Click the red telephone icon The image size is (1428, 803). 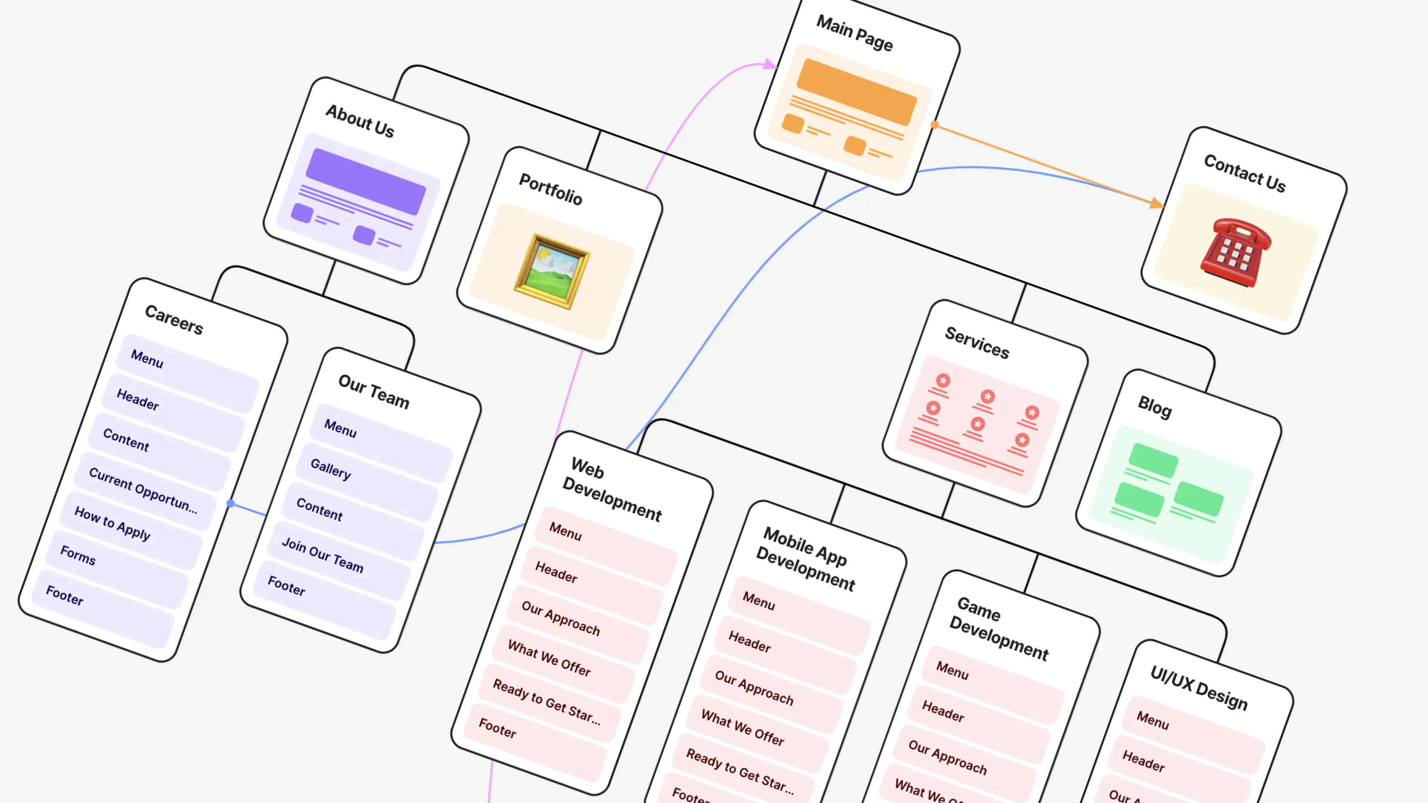[x=1235, y=253]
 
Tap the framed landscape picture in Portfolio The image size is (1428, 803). [x=552, y=271]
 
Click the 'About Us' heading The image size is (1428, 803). [x=360, y=120]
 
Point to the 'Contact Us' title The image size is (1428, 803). [x=1244, y=173]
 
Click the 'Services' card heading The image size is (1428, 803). [x=977, y=342]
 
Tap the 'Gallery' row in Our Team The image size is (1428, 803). [x=331, y=469]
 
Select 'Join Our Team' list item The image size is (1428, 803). [x=323, y=555]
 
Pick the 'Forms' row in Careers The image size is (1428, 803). [x=78, y=555]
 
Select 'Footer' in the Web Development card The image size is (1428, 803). [x=497, y=728]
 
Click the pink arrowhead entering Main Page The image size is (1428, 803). [x=770, y=64]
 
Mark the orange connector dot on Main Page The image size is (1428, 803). [x=935, y=124]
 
